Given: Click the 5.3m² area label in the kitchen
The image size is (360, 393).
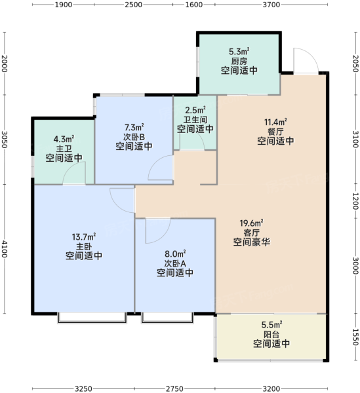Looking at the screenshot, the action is pyautogui.click(x=239, y=52).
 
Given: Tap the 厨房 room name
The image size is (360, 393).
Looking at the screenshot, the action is pyautogui.click(x=239, y=61).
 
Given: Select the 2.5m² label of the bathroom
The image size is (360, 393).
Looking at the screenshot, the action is pyautogui.click(x=195, y=110).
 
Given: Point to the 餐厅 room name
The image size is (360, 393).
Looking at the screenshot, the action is pyautogui.click(x=275, y=132).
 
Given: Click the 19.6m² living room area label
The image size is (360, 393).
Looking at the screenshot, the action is pyautogui.click(x=251, y=223).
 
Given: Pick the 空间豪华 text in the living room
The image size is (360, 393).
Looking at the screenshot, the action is pyautogui.click(x=252, y=242).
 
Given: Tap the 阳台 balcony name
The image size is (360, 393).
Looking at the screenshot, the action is pyautogui.click(x=271, y=334).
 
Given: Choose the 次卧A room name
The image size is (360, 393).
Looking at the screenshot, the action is pyautogui.click(x=175, y=263).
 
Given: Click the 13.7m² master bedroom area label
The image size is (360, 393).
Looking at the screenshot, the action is pyautogui.click(x=84, y=237).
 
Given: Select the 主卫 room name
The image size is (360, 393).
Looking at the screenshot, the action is pyautogui.click(x=64, y=149).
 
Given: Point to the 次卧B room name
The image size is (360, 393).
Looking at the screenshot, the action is pyautogui.click(x=134, y=137).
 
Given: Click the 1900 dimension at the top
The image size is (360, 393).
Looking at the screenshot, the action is pyautogui.click(x=64, y=5).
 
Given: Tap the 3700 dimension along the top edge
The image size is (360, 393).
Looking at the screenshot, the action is pyautogui.click(x=271, y=5).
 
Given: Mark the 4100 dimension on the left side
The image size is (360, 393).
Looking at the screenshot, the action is pyautogui.click(x=5, y=249).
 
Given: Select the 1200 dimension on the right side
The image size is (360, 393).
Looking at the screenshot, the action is pyautogui.click(x=355, y=201).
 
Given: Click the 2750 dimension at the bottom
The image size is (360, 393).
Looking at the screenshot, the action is pyautogui.click(x=174, y=388).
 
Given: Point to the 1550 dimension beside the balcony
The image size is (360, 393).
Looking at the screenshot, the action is pyautogui.click(x=355, y=337).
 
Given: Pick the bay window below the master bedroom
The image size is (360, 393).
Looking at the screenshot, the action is pyautogui.click(x=92, y=318).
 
